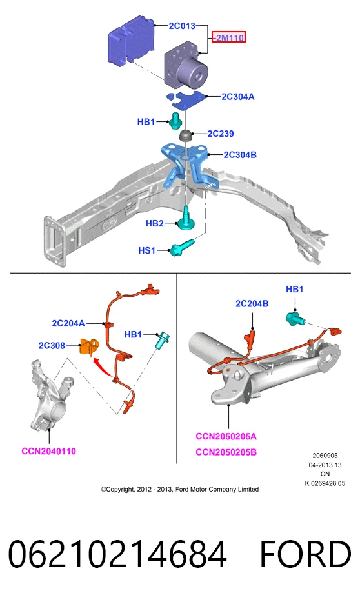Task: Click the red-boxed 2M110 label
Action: [229, 37]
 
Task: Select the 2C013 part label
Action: [182, 26]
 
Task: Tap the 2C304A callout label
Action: [237, 97]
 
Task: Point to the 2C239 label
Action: [220, 134]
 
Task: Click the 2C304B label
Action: [240, 155]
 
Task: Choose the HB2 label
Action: [155, 223]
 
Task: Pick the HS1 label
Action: [146, 250]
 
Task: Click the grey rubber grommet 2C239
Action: [186, 135]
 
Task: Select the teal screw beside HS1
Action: [183, 247]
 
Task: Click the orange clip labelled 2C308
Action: [88, 346]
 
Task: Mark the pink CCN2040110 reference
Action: [49, 451]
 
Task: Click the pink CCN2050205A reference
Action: [226, 437]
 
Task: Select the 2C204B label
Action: [252, 304]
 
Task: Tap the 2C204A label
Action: [68, 323]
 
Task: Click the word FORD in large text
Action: [306, 554]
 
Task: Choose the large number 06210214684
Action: [117, 554]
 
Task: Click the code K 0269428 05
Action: [325, 483]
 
